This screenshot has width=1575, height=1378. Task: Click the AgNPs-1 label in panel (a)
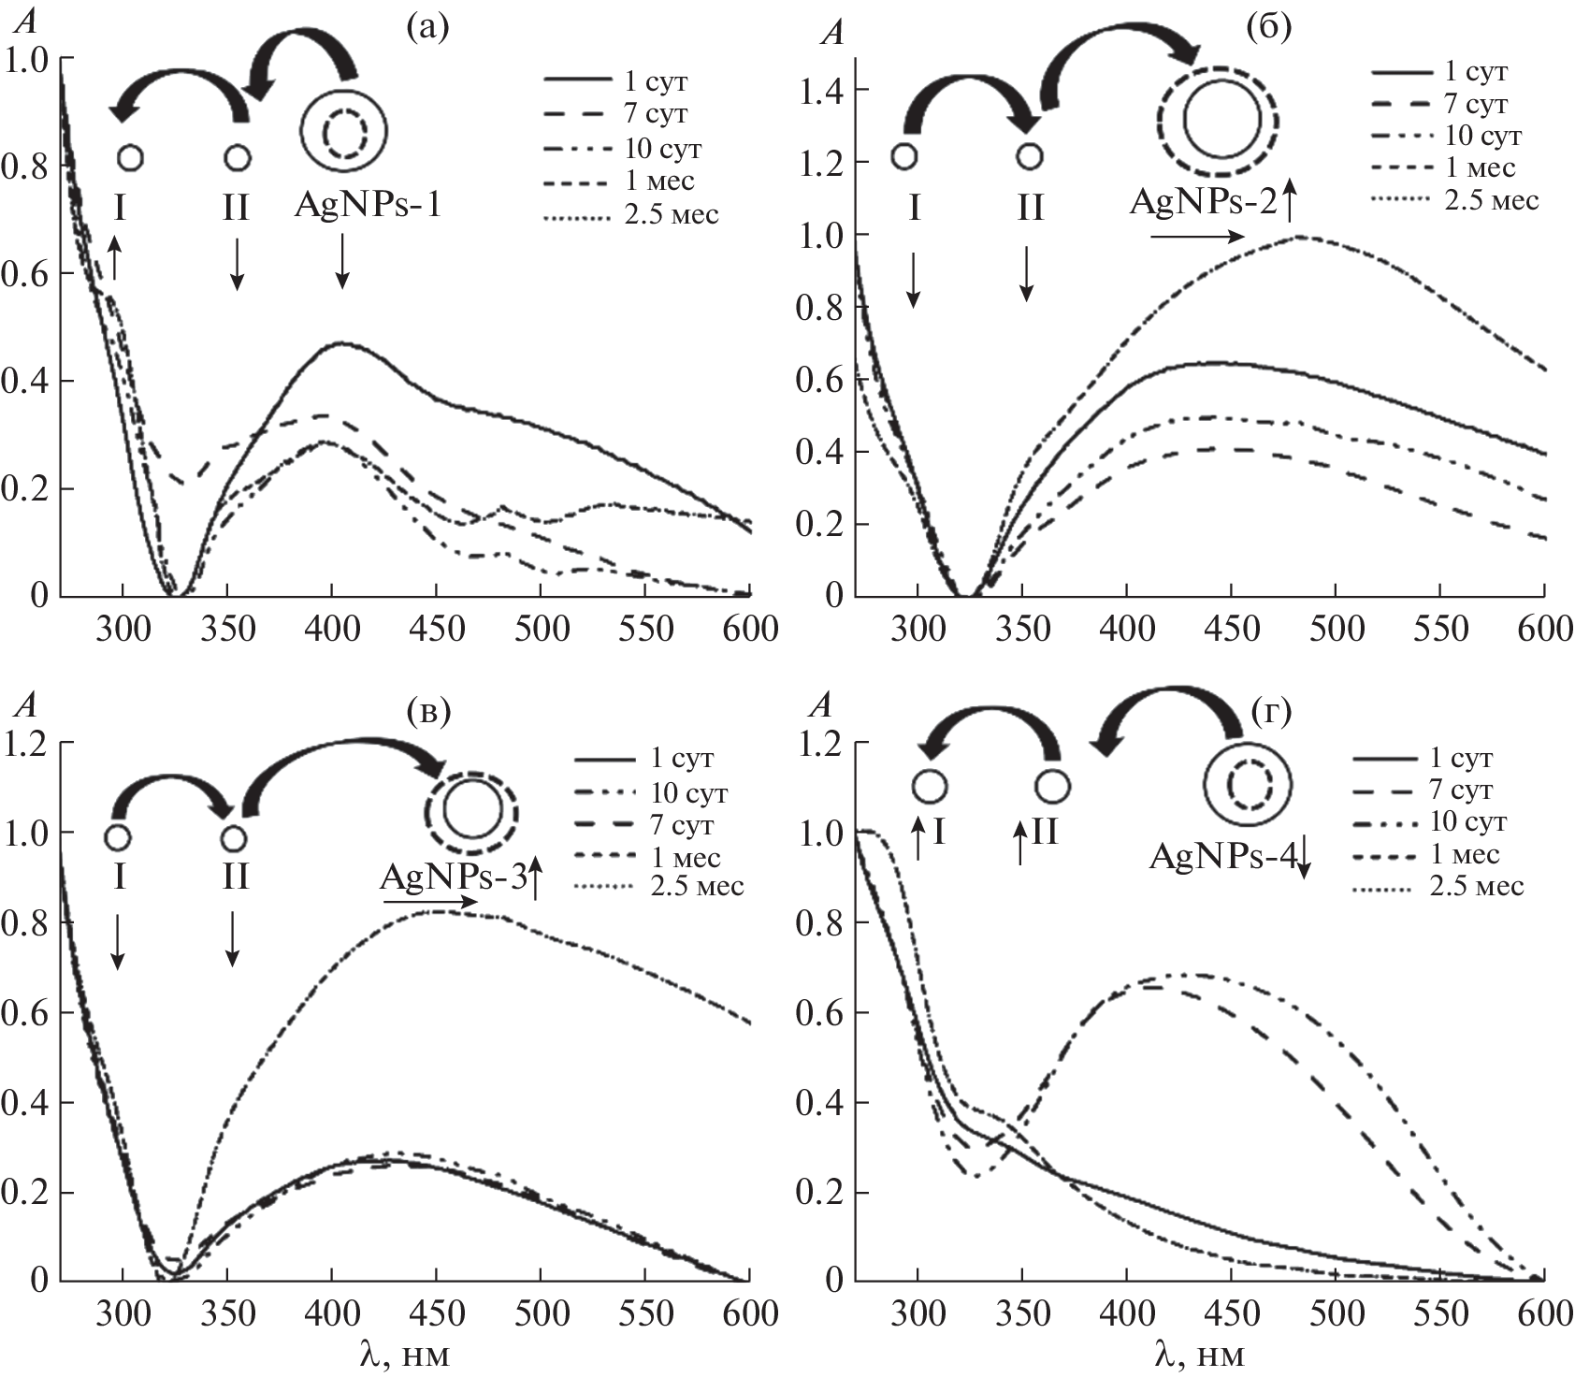(367, 205)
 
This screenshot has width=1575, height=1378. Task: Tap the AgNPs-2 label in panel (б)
(1202, 201)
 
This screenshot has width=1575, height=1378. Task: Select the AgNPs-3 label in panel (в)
(452, 877)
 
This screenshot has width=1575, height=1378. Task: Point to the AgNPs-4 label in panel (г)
(1223, 856)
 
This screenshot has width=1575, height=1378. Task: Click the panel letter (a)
(428, 28)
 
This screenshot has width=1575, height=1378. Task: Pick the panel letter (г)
(1270, 713)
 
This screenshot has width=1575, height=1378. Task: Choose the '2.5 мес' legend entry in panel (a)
(671, 214)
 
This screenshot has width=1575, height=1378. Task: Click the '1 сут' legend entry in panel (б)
(1475, 72)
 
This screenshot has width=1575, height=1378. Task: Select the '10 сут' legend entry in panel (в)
(687, 793)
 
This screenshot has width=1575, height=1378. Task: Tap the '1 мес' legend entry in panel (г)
(1463, 854)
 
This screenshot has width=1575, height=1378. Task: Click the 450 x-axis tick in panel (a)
(437, 628)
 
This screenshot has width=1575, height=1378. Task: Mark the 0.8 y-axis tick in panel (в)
(25, 922)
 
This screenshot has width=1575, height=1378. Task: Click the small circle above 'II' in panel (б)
(1030, 156)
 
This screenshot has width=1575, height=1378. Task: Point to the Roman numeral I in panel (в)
(118, 877)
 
